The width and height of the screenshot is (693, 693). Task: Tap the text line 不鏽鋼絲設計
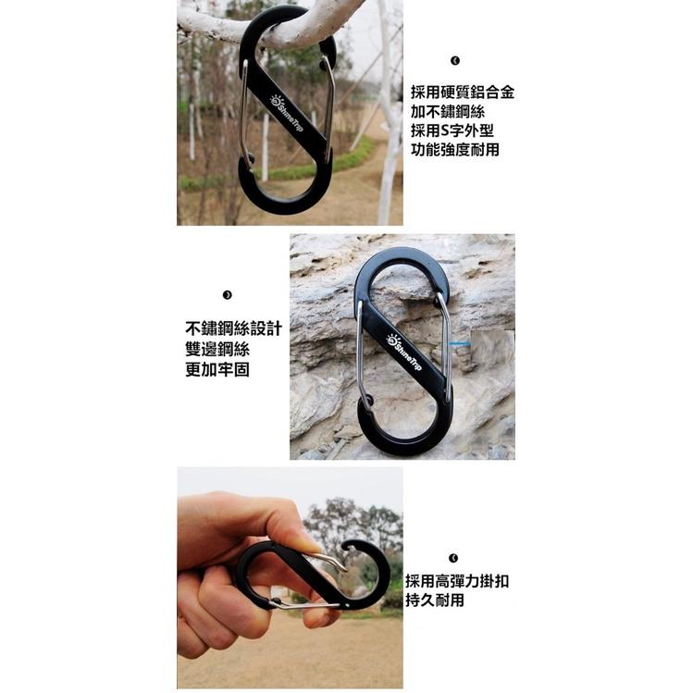pyautogui.click(x=233, y=329)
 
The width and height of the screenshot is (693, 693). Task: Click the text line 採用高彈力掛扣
pyautogui.click(x=457, y=581)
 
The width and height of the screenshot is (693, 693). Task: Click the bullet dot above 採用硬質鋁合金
pyautogui.click(x=455, y=61)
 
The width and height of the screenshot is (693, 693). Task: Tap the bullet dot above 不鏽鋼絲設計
pyautogui.click(x=228, y=295)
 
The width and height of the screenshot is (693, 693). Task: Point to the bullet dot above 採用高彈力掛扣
pyautogui.click(x=453, y=558)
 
